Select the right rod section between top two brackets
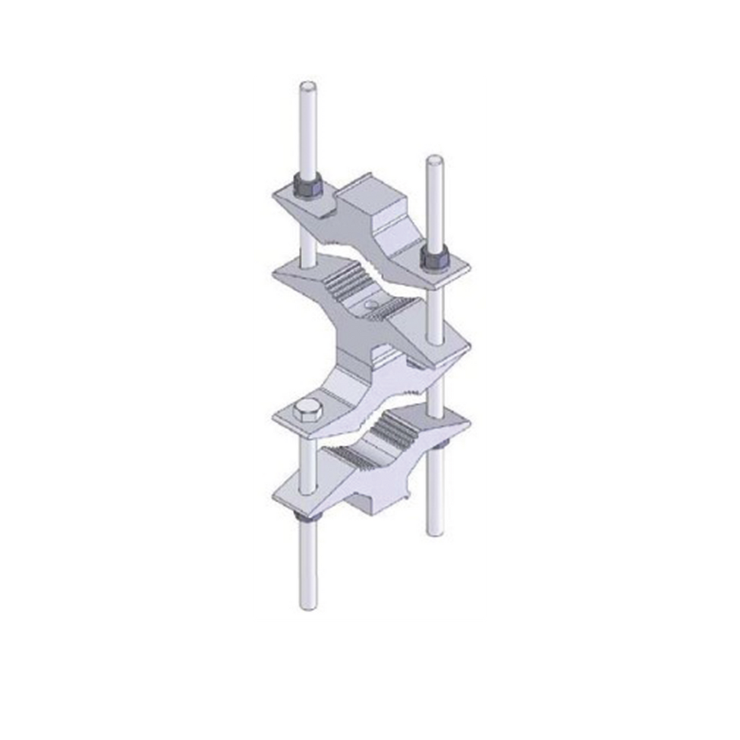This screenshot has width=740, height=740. [x=434, y=312]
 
